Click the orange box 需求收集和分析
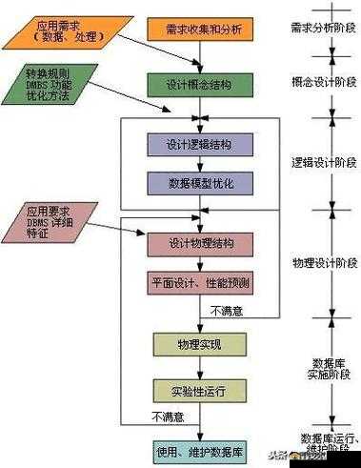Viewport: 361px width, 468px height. click(x=196, y=29)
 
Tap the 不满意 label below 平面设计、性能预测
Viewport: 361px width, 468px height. click(x=228, y=310)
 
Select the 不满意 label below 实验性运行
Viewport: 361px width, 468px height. click(x=168, y=416)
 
